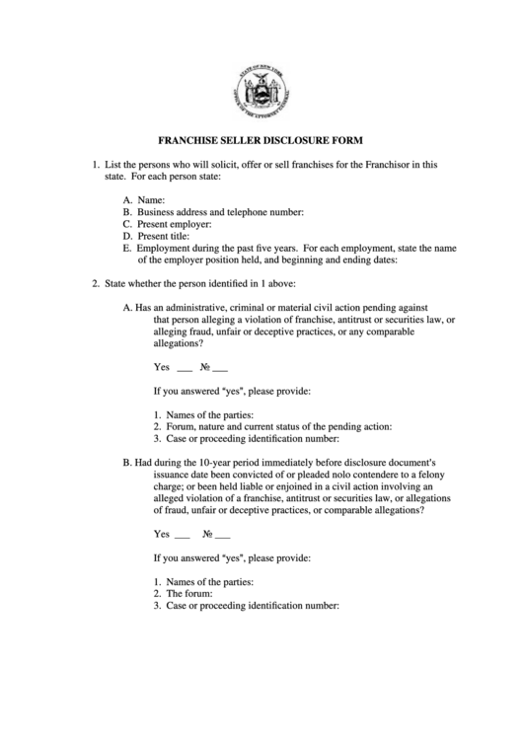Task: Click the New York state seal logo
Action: [261, 92]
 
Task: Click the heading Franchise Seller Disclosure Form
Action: [261, 140]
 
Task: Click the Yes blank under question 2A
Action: [184, 368]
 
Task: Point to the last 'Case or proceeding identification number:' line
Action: [252, 606]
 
